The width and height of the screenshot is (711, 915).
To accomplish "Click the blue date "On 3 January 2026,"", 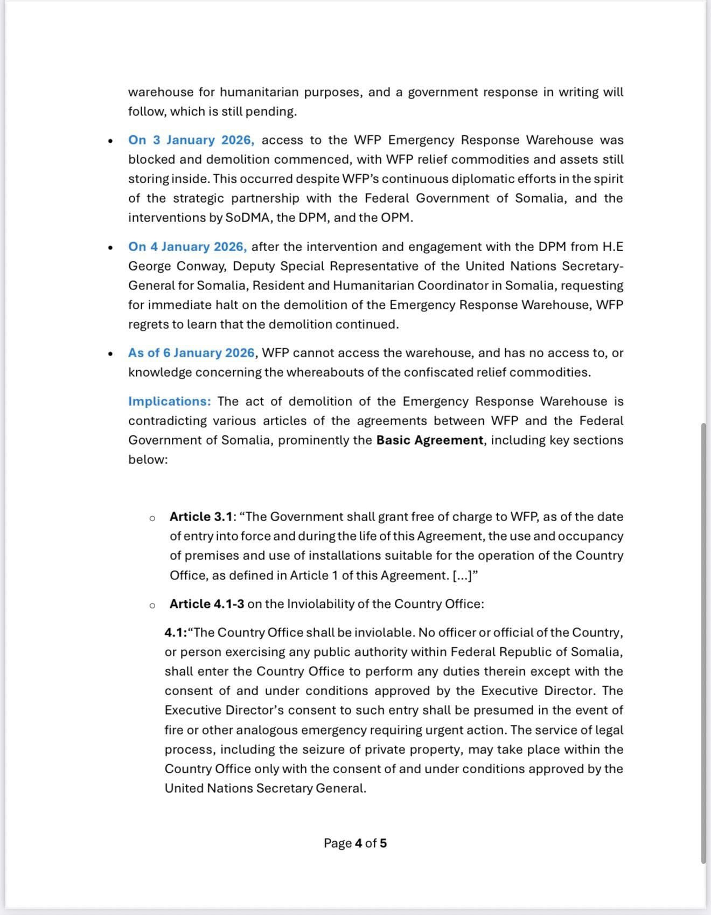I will click(191, 140).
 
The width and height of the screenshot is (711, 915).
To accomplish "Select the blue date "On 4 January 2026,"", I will click(187, 247).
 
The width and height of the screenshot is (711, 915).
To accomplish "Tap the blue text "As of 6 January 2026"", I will click(191, 353).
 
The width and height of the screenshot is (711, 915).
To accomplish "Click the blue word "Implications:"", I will click(170, 401).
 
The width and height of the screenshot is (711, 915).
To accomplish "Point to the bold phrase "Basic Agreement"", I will click(430, 440).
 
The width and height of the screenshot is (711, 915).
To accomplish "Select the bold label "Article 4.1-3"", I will click(207, 604).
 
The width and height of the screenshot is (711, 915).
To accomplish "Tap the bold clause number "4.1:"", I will click(176, 633).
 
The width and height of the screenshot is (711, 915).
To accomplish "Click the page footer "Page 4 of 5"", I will click(355, 843).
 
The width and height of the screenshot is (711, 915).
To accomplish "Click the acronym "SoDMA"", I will click(248, 218).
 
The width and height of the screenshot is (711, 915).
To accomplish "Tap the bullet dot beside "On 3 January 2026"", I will click(110, 142).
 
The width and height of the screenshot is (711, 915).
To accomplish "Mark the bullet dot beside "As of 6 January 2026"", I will click(110, 355).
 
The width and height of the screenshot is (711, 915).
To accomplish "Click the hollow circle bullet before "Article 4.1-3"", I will click(152, 605).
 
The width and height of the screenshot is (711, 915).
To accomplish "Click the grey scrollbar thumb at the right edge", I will click(703, 641).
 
